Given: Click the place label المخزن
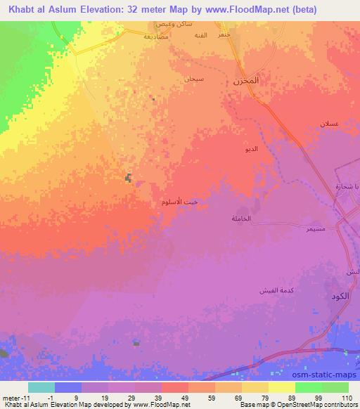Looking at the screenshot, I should click(x=245, y=82).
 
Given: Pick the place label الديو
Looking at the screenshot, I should click(x=251, y=150).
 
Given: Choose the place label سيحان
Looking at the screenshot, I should click(x=193, y=78).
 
